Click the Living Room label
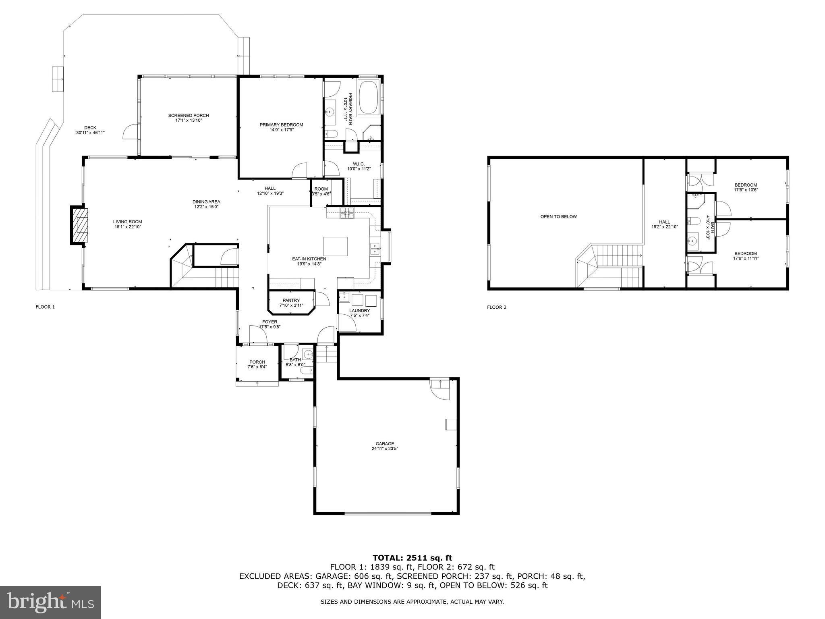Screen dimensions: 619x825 [x=127, y=222]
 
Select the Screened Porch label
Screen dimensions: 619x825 [x=189, y=116]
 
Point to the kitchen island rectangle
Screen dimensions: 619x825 [x=335, y=246]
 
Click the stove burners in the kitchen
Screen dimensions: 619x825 [x=347, y=213]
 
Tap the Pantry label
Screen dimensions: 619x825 [x=291, y=300]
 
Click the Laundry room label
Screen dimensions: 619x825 [x=359, y=311]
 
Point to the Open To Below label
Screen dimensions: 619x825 [x=558, y=217]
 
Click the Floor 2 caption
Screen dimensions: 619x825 [x=496, y=307]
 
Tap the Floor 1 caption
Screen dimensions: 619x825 [x=45, y=307]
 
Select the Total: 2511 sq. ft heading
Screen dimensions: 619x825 [x=412, y=558]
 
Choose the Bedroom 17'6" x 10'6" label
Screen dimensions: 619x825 [x=746, y=187]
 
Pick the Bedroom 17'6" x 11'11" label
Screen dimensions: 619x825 [x=746, y=256]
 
